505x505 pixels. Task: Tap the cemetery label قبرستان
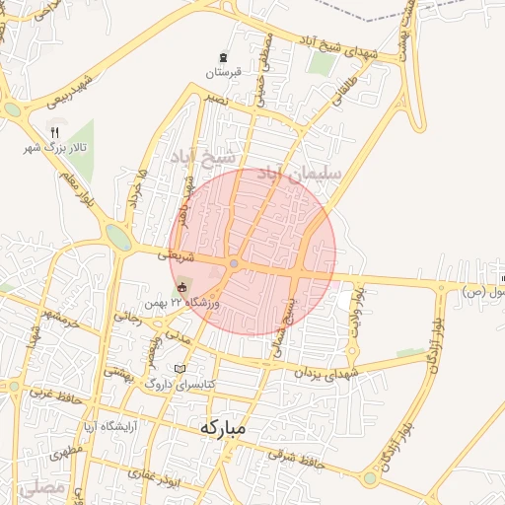(x=223, y=72)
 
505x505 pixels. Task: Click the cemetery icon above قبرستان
(x=224, y=56)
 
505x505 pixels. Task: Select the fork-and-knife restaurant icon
(x=55, y=132)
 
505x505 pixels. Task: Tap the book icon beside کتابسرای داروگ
(x=180, y=369)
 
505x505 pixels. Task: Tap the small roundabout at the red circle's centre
(x=234, y=263)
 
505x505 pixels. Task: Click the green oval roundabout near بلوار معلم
(x=117, y=237)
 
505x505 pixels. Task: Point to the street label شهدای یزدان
(x=322, y=372)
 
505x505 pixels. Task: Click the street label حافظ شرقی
(x=297, y=460)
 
